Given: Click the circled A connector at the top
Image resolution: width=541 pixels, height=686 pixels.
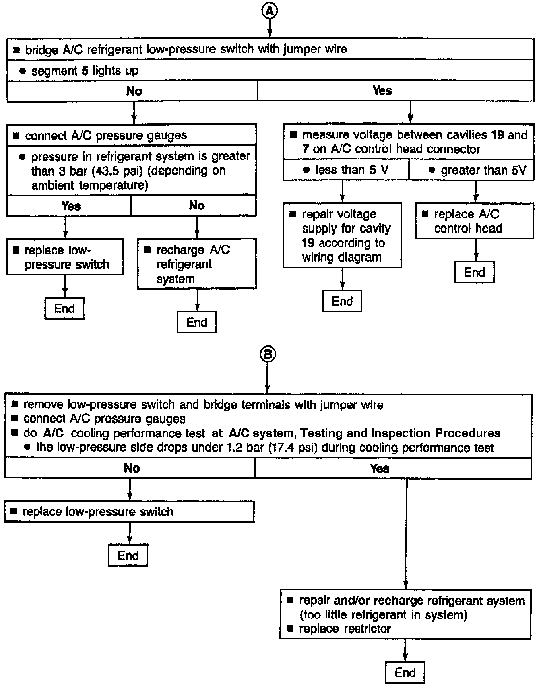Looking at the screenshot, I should (270, 11).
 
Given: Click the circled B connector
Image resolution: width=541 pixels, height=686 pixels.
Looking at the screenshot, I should (268, 354).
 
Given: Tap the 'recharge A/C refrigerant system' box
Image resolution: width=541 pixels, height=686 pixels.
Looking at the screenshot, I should (196, 264).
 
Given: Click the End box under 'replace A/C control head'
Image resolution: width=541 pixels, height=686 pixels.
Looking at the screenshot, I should (474, 273).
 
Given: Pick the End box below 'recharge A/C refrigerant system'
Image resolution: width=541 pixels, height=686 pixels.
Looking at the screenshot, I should (196, 322).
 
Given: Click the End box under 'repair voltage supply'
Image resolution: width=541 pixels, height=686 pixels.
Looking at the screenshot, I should (342, 302).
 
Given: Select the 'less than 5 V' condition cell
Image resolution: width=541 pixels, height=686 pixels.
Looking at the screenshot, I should (346, 170).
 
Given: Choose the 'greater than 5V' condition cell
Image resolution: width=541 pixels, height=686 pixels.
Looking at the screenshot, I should (471, 170).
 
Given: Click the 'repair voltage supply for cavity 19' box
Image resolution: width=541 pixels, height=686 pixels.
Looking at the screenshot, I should (342, 236).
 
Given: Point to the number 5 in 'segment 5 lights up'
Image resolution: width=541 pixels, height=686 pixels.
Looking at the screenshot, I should (85, 71).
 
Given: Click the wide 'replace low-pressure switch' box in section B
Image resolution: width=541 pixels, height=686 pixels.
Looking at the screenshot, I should (129, 512).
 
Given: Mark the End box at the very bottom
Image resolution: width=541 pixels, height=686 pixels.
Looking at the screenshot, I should (405, 672).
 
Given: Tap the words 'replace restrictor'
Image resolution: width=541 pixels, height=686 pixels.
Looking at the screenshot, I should (345, 629).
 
